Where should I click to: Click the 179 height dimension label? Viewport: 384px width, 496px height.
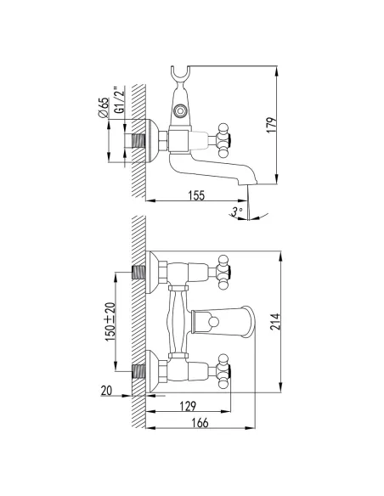click(271, 125)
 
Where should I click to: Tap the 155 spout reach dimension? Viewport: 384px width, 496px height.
click(196, 195)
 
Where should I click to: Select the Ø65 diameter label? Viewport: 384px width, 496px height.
click(104, 108)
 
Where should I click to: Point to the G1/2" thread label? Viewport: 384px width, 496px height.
click(120, 99)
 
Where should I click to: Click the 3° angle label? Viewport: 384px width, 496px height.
click(236, 211)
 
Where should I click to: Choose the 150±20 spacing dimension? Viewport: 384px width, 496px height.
click(110, 321)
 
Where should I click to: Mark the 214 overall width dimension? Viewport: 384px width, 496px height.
click(275, 322)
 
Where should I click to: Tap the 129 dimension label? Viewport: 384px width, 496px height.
click(188, 406)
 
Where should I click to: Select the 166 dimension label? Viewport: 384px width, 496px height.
click(200, 423)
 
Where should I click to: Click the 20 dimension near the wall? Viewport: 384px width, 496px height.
click(106, 391)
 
